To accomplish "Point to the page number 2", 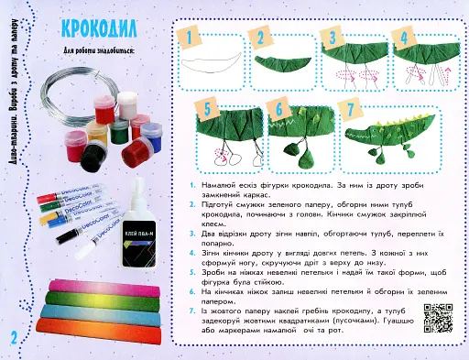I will pyautogui.click(x=15, y=337).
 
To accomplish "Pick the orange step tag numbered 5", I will pyautogui.click(x=207, y=108).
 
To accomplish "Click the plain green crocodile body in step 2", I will pyautogui.click(x=283, y=62).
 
